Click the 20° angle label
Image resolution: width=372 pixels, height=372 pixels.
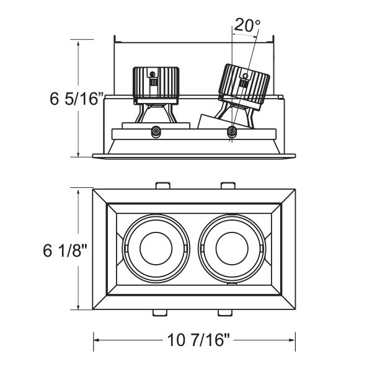[247, 26]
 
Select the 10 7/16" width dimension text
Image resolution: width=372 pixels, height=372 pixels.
[195, 340]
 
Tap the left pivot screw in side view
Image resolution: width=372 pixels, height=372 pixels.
[156, 131]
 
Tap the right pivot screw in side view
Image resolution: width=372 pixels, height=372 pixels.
[232, 131]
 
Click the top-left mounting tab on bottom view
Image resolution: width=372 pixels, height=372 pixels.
[162, 185]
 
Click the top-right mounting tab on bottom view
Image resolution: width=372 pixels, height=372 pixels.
[228, 185]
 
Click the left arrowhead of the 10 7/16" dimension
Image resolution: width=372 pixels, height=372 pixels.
[96, 340]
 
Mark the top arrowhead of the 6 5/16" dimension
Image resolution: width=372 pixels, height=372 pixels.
[77, 42]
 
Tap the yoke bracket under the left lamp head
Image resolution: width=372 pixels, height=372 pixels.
[155, 114]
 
